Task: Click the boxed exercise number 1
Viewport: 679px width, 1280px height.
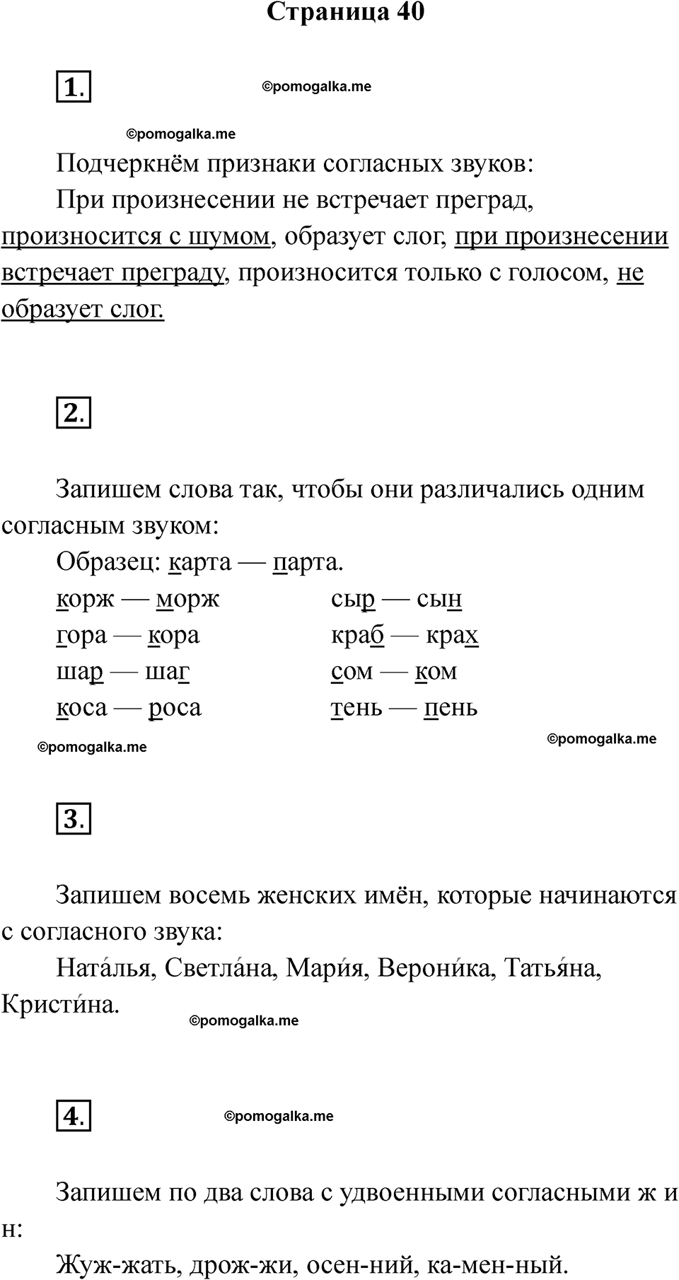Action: point(74,88)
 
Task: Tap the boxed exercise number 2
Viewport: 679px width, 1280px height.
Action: point(74,413)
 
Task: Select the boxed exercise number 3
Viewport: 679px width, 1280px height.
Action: point(74,819)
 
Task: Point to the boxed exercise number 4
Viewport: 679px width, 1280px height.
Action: point(74,1116)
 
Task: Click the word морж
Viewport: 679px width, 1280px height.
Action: point(188,600)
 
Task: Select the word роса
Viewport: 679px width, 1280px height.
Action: point(175,708)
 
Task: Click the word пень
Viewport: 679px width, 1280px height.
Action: point(451,708)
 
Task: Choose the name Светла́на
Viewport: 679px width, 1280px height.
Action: point(219,968)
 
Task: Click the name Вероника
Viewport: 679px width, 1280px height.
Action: point(434,968)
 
